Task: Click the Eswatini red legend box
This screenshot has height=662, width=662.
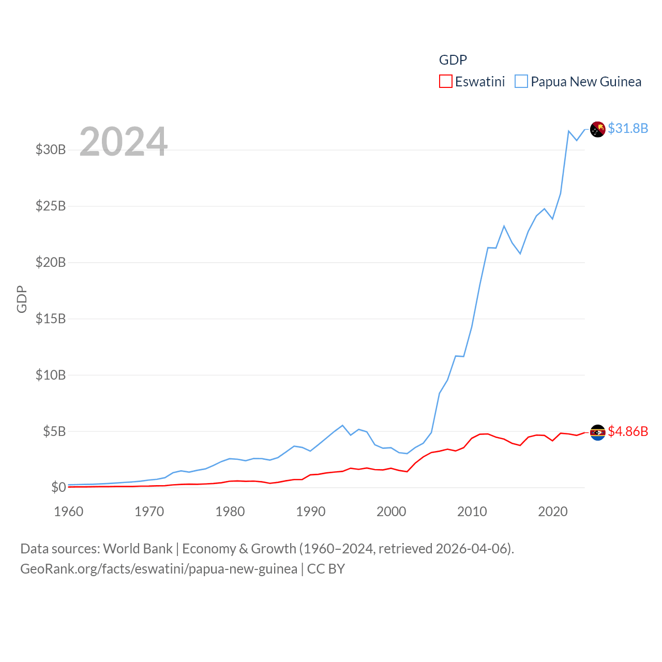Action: coord(445,82)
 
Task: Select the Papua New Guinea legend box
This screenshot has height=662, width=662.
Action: coord(521,82)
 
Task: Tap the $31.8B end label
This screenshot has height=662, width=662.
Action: coord(628,128)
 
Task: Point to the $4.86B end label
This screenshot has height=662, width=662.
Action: coord(628,431)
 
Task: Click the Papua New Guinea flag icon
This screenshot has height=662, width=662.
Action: coord(597,129)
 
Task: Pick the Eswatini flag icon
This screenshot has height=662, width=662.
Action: coord(597,432)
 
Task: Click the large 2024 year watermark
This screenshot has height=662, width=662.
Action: coord(123,142)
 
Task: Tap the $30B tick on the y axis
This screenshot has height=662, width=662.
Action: coord(51,150)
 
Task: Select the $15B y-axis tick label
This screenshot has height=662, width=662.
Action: coord(51,319)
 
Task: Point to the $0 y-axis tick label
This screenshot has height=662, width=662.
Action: coord(58,487)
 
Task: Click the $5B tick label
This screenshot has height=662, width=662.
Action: coord(54,431)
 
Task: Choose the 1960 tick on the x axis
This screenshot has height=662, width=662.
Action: coord(69,512)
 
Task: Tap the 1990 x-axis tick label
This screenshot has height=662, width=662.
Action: coord(311,512)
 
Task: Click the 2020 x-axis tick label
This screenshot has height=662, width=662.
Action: coord(553,512)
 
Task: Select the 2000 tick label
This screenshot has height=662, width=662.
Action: coord(392,512)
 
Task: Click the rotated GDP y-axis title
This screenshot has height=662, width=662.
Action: coord(22,299)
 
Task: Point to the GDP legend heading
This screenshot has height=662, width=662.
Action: coord(453,60)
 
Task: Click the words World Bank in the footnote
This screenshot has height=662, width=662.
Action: coord(138,549)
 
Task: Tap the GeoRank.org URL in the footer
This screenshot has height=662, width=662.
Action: coord(159,569)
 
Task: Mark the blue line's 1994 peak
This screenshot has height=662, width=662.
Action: coord(342,425)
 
